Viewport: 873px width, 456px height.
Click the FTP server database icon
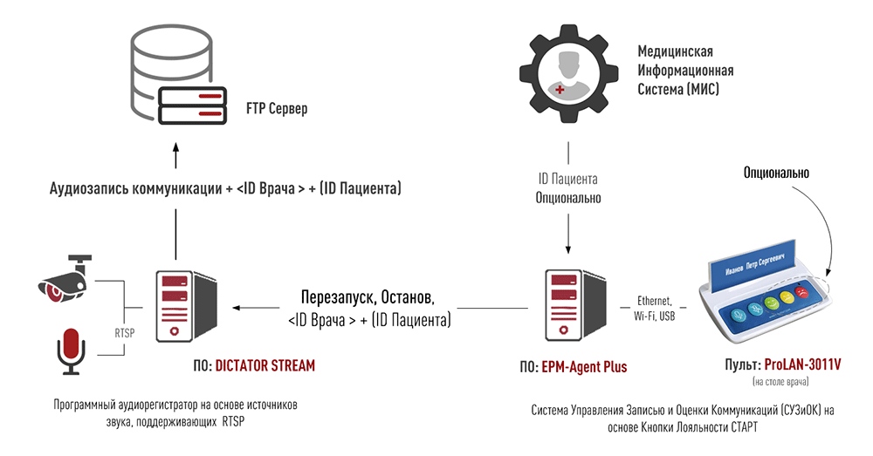coord(175,78)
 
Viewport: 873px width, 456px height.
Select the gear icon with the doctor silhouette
coord(568,73)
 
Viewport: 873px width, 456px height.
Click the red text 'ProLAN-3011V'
coord(801,364)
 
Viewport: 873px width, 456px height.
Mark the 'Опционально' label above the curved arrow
coord(776,174)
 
